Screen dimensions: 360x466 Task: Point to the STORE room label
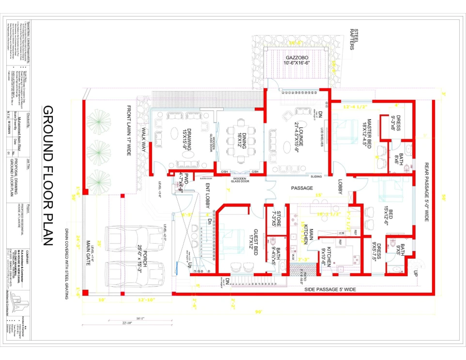274,219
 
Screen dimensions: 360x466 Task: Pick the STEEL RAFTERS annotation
354,39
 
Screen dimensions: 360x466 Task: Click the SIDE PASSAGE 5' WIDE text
330,289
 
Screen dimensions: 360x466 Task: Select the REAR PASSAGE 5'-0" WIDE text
427,192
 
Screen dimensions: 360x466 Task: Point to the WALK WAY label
144,141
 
